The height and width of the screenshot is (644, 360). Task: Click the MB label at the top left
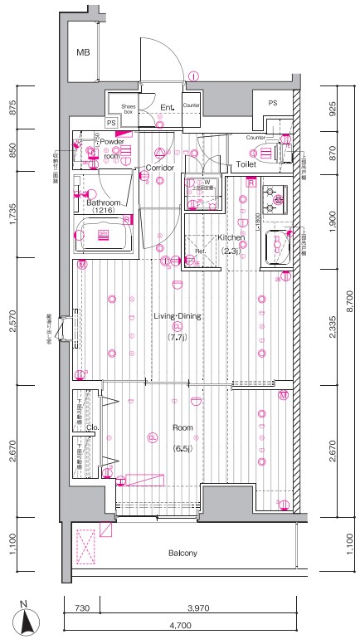[83, 53]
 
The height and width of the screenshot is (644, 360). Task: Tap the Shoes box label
[129, 109]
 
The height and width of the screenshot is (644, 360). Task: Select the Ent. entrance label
[166, 106]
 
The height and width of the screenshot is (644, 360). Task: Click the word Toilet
[246, 164]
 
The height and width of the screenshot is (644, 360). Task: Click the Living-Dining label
[178, 315]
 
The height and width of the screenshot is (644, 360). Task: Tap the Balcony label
[182, 553]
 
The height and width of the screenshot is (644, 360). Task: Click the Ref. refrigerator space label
[200, 251]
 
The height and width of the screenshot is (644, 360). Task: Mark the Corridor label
[160, 168]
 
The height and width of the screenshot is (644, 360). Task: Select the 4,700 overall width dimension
[181, 624]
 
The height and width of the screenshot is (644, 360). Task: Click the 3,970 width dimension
[198, 608]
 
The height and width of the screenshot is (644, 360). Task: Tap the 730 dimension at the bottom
[81, 608]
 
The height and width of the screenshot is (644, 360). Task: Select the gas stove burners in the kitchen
[272, 199]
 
